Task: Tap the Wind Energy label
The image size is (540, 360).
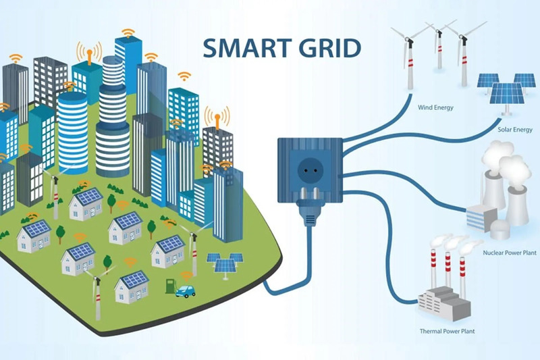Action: pos(435,107)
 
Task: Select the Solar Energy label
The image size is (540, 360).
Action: pos(515,130)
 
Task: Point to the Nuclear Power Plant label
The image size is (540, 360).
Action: pos(510,253)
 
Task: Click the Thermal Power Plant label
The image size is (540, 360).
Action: pos(447,331)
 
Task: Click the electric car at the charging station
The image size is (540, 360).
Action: pos(185,292)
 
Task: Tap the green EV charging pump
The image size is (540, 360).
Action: pos(170,286)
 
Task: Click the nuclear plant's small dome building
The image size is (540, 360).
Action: pos(500,229)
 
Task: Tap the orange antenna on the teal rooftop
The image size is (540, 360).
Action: pos(89,57)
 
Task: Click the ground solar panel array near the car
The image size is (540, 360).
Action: pos(225,265)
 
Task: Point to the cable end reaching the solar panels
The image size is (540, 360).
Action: pos(500,119)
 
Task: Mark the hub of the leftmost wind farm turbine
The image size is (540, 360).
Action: pos(410,41)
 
